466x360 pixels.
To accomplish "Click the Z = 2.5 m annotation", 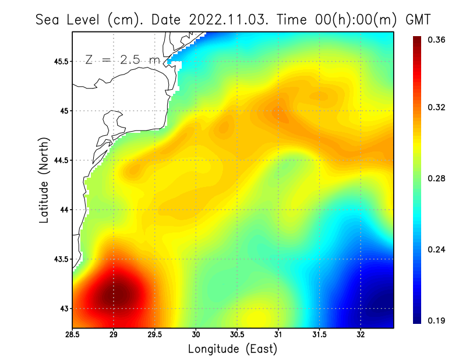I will [x=122, y=59].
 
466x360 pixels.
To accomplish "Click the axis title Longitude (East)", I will [x=232, y=349].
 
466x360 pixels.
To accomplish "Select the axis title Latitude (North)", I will [x=44, y=180].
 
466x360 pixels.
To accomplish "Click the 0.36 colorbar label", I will [x=437, y=40].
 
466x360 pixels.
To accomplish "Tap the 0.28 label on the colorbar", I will [x=437, y=178].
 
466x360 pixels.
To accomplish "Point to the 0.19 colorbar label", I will [x=437, y=320].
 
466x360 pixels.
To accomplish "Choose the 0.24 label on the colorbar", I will [x=437, y=249].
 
